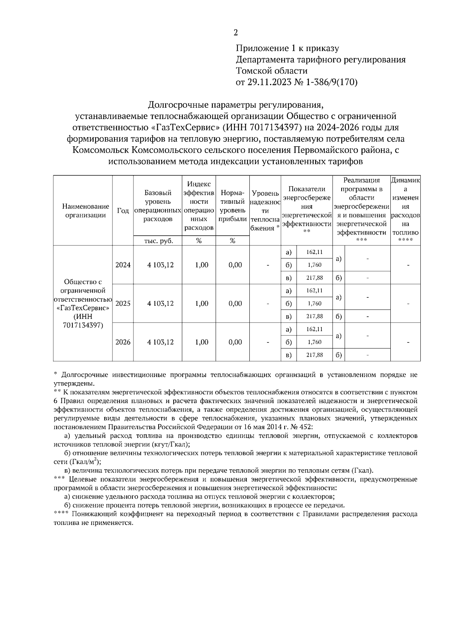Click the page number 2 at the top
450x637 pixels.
(x=235, y=33)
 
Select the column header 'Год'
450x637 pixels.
(x=123, y=210)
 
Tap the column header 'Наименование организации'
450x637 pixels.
(x=83, y=210)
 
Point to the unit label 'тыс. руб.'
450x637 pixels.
(x=158, y=241)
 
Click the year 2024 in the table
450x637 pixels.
(x=123, y=265)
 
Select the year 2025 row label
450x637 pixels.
(x=123, y=303)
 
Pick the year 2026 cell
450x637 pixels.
(x=123, y=342)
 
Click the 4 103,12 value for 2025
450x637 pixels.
(x=160, y=303)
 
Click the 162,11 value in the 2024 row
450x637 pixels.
(x=314, y=252)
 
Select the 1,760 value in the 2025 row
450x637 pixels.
(x=314, y=303)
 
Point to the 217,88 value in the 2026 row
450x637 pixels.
(x=314, y=355)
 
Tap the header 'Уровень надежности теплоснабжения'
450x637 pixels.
(x=265, y=210)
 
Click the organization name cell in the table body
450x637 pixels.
(x=83, y=303)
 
